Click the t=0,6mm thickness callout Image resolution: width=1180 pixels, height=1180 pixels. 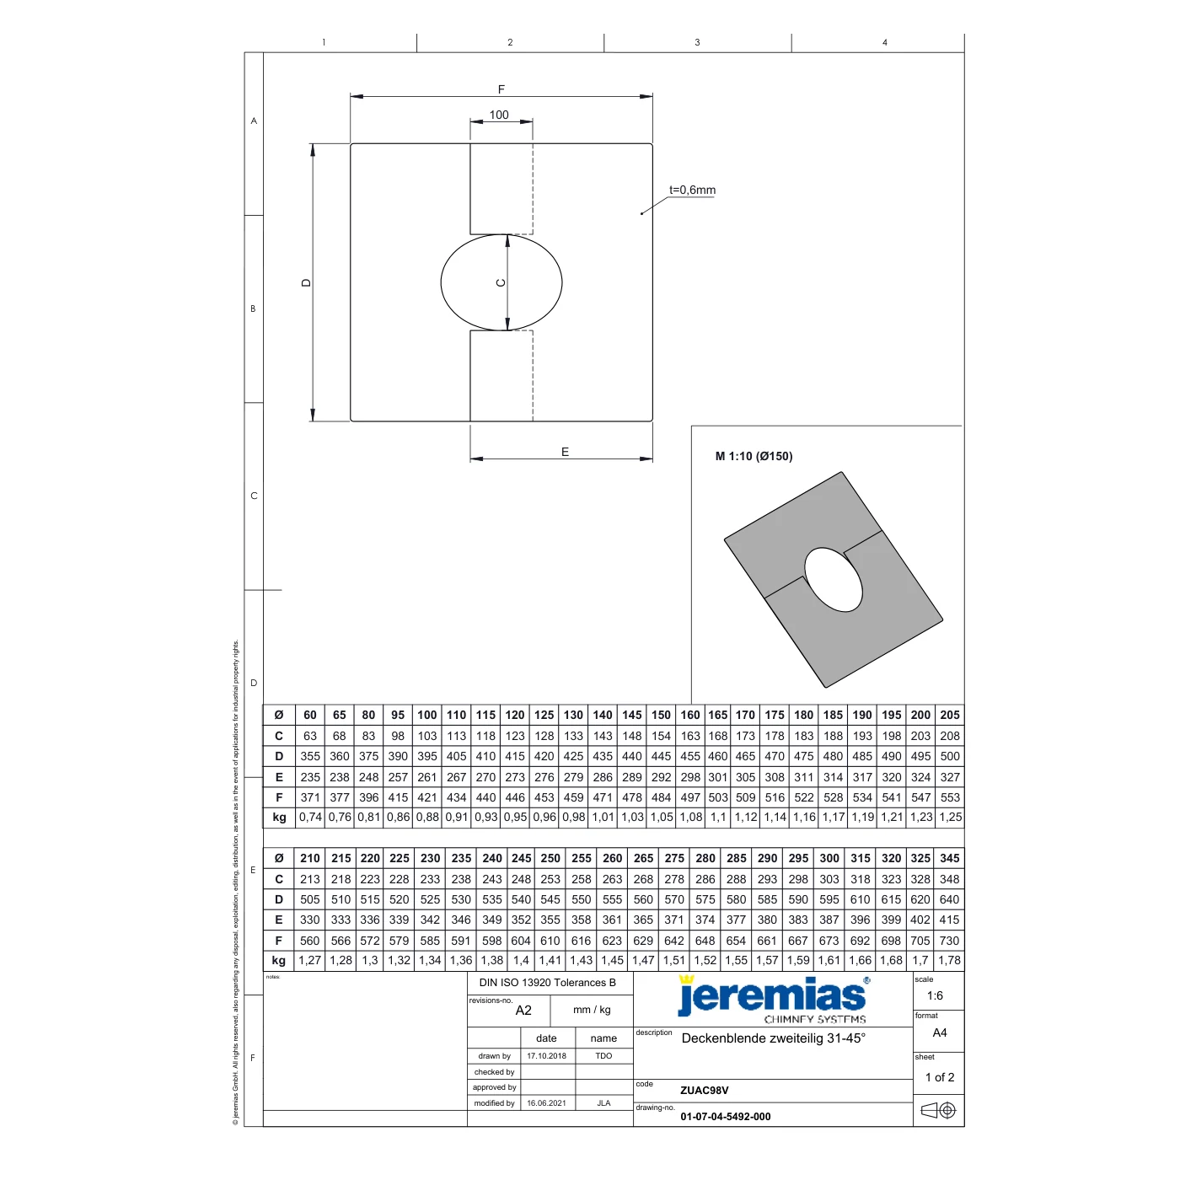tap(692, 190)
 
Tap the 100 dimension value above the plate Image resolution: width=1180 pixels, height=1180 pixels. tap(498, 115)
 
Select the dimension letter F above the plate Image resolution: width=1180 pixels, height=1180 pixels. tap(501, 89)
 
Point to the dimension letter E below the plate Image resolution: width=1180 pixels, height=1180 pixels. tap(565, 452)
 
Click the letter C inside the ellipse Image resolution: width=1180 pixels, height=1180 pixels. tap(501, 282)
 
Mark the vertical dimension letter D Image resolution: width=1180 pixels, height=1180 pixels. tap(306, 282)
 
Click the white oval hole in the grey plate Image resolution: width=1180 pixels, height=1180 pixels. tap(833, 579)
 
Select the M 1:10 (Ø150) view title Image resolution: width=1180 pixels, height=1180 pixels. tap(754, 456)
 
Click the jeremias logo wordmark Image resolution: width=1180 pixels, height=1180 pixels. tap(771, 995)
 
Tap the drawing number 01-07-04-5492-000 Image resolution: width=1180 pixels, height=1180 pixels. tap(725, 1116)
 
